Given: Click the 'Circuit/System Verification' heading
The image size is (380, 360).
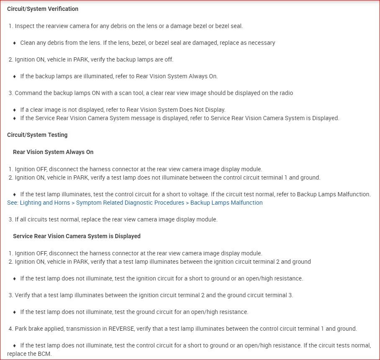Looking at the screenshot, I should tap(43, 9).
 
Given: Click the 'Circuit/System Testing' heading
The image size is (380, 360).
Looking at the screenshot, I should tap(37, 135).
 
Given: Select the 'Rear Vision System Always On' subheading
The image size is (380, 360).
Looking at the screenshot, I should tap(53, 152).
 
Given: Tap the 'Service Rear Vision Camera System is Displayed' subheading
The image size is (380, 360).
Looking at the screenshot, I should tap(77, 236).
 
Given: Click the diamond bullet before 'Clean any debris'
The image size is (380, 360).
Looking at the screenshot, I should tap(15, 43).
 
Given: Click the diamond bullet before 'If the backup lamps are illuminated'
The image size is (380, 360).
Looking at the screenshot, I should tap(15, 76).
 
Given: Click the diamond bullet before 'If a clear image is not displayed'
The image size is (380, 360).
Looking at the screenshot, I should tap(15, 110).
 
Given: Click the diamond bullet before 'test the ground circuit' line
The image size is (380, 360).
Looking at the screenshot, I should tap(15, 312).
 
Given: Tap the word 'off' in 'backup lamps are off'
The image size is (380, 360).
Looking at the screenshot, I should tap(169, 59).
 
